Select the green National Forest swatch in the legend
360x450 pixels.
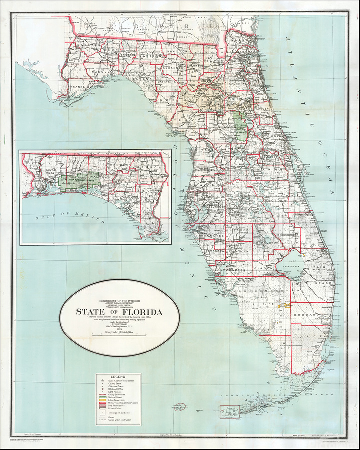(x=101, y=398)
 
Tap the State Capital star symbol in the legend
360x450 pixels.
(x=101, y=381)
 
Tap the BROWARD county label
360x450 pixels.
(x=305, y=316)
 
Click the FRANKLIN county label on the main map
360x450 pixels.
(x=80, y=86)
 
